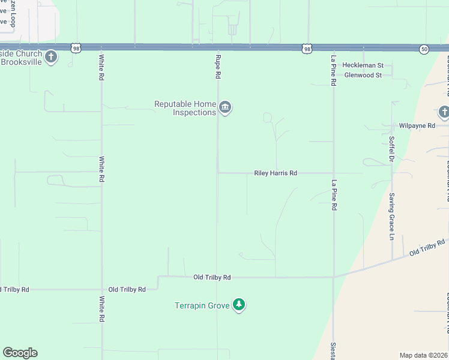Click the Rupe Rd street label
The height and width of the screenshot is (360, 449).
pyautogui.click(x=218, y=67)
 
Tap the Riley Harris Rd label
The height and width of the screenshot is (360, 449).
pyautogui.click(x=276, y=173)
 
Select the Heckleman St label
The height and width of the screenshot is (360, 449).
pyautogui.click(x=362, y=65)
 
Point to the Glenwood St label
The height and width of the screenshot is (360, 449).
pyautogui.click(x=363, y=75)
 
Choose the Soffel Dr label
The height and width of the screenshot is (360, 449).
pyautogui.click(x=391, y=147)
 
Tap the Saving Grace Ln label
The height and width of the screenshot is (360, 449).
pyautogui.click(x=391, y=217)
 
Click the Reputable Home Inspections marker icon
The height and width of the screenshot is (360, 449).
pyautogui.click(x=226, y=108)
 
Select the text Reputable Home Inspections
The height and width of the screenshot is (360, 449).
pyautogui.click(x=185, y=108)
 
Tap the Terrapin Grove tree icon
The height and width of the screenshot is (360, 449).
pyautogui.click(x=240, y=305)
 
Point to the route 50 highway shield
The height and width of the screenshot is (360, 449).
pyautogui.click(x=424, y=49)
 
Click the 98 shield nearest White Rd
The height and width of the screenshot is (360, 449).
pyautogui.click(x=75, y=47)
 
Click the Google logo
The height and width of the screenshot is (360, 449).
pyautogui.click(x=20, y=353)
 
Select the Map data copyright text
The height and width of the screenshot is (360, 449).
pyautogui.click(x=424, y=355)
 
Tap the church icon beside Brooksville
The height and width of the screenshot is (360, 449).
pyautogui.click(x=51, y=58)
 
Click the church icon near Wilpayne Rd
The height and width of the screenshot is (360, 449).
pyautogui.click(x=444, y=112)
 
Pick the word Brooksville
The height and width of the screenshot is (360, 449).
pyautogui.click(x=22, y=62)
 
